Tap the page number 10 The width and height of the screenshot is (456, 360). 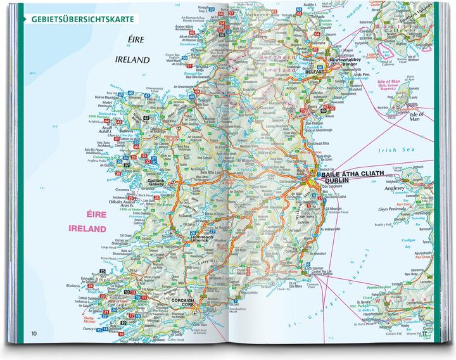(x=25, y=333)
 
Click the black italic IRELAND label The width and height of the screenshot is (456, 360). (x=133, y=60)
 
